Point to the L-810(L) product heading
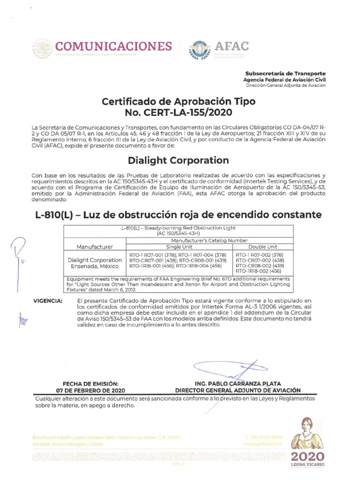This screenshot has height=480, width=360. (x=179, y=215)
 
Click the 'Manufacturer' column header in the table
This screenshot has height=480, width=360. (x=95, y=246)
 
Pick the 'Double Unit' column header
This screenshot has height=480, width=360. (x=263, y=246)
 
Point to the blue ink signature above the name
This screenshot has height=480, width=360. (x=225, y=370)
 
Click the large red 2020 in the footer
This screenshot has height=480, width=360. (x=307, y=457)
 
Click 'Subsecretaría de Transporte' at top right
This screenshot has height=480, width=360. (x=285, y=74)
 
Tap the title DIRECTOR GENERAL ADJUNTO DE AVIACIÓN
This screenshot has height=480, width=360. (x=237, y=390)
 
